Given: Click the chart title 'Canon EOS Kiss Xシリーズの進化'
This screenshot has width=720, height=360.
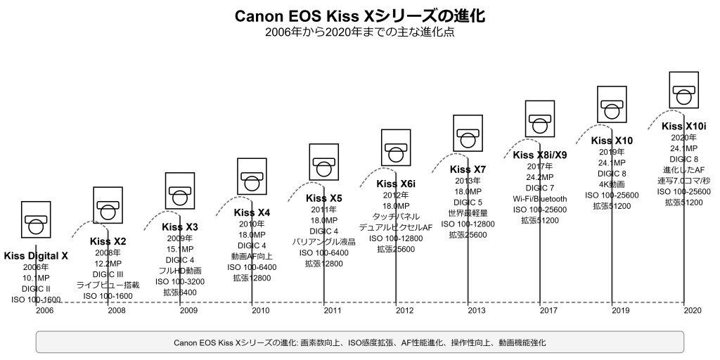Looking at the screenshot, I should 360,15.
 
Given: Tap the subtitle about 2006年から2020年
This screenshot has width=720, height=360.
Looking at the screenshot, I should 360,32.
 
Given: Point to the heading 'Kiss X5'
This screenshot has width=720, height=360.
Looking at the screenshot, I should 324,198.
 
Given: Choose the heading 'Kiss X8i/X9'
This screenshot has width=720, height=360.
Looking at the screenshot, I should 540,155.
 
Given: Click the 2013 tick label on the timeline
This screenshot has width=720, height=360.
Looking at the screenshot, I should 477,310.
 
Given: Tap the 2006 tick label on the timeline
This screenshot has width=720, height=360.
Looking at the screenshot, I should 44,310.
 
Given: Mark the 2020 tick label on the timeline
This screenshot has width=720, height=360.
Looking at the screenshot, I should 693,310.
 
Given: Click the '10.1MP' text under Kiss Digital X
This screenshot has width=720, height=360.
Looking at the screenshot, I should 36,278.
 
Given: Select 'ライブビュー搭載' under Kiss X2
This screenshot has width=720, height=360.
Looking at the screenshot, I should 108,285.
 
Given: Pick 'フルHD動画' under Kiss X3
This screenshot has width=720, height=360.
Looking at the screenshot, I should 180,270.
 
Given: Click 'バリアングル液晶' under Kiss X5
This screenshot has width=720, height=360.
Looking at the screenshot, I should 324,242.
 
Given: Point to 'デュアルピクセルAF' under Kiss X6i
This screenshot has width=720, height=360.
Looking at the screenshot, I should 396,227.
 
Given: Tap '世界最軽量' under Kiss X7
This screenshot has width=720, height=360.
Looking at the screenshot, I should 468,213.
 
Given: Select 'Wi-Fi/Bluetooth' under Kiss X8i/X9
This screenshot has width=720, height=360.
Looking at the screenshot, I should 540,198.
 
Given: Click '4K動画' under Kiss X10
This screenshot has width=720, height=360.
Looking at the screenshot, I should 612,184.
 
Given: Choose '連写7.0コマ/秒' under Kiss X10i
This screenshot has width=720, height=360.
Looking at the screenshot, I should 684,181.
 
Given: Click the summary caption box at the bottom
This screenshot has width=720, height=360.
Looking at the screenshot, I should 360,342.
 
